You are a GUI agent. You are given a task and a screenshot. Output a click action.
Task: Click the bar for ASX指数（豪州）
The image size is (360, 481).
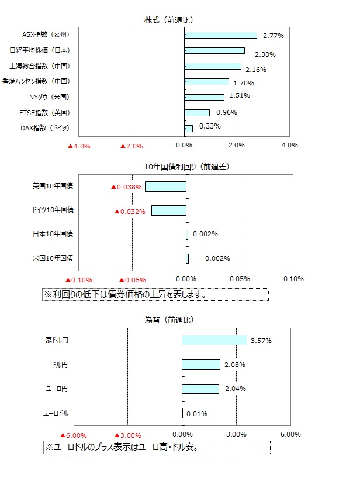click(220, 35)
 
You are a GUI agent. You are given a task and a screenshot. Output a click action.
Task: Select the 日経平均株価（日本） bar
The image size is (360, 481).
click(214, 50)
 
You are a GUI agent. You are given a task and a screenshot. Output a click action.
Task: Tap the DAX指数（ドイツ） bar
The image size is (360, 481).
click(188, 128)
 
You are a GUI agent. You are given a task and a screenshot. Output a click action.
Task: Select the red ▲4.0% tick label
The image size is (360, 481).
click(79, 146)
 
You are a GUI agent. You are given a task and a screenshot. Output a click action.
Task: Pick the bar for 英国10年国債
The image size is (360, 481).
click(165, 186)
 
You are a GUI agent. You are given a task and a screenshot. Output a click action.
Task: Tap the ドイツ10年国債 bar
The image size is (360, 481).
click(168, 210)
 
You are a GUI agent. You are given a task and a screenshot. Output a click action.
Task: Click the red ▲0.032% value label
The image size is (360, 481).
click(129, 212)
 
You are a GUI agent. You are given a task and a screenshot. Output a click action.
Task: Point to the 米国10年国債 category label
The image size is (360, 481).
click(53, 258)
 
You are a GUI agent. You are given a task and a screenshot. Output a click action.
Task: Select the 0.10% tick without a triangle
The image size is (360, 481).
click(293, 279)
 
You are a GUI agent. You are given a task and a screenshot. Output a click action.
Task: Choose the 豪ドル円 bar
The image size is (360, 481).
click(214, 340)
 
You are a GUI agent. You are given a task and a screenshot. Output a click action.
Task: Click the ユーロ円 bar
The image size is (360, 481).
click(200, 389)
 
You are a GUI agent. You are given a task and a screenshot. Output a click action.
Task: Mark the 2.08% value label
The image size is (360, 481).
click(235, 365)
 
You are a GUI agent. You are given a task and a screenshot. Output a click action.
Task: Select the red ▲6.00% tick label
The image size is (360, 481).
click(73, 435)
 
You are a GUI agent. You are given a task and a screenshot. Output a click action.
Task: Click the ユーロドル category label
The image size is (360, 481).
click(56, 413)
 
